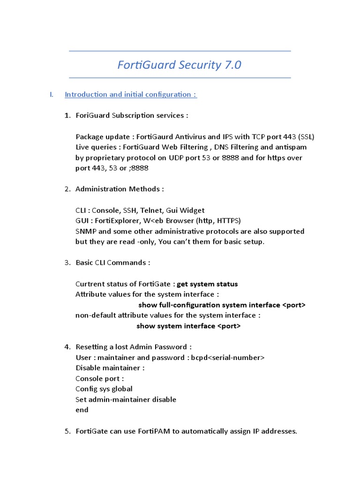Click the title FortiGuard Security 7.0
[x=180, y=65]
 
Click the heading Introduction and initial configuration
[x=130, y=95]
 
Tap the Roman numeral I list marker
[x=51, y=95]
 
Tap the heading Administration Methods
[x=120, y=189]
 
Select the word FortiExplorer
[x=121, y=221]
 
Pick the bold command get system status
[x=207, y=284]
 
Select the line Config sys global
[x=104, y=389]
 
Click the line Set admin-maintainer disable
[x=126, y=399]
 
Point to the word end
[x=82, y=410]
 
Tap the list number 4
[x=67, y=347]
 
